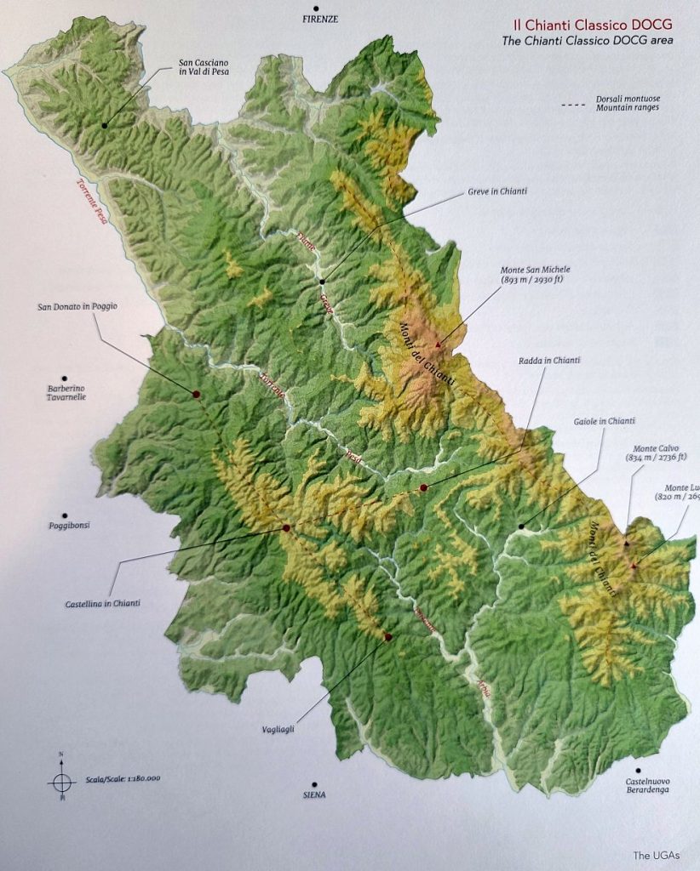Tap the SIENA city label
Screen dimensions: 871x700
tap(314, 795)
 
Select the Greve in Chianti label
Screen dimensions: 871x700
tap(497, 191)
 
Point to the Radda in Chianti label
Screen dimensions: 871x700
tap(548, 361)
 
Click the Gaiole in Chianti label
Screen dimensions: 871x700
tap(605, 421)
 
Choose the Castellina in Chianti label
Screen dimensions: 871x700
tap(102, 604)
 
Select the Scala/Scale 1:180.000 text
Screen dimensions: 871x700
tap(123, 778)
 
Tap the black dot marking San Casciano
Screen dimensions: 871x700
tap(105, 125)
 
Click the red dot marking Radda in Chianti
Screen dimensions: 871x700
tap(423, 487)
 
